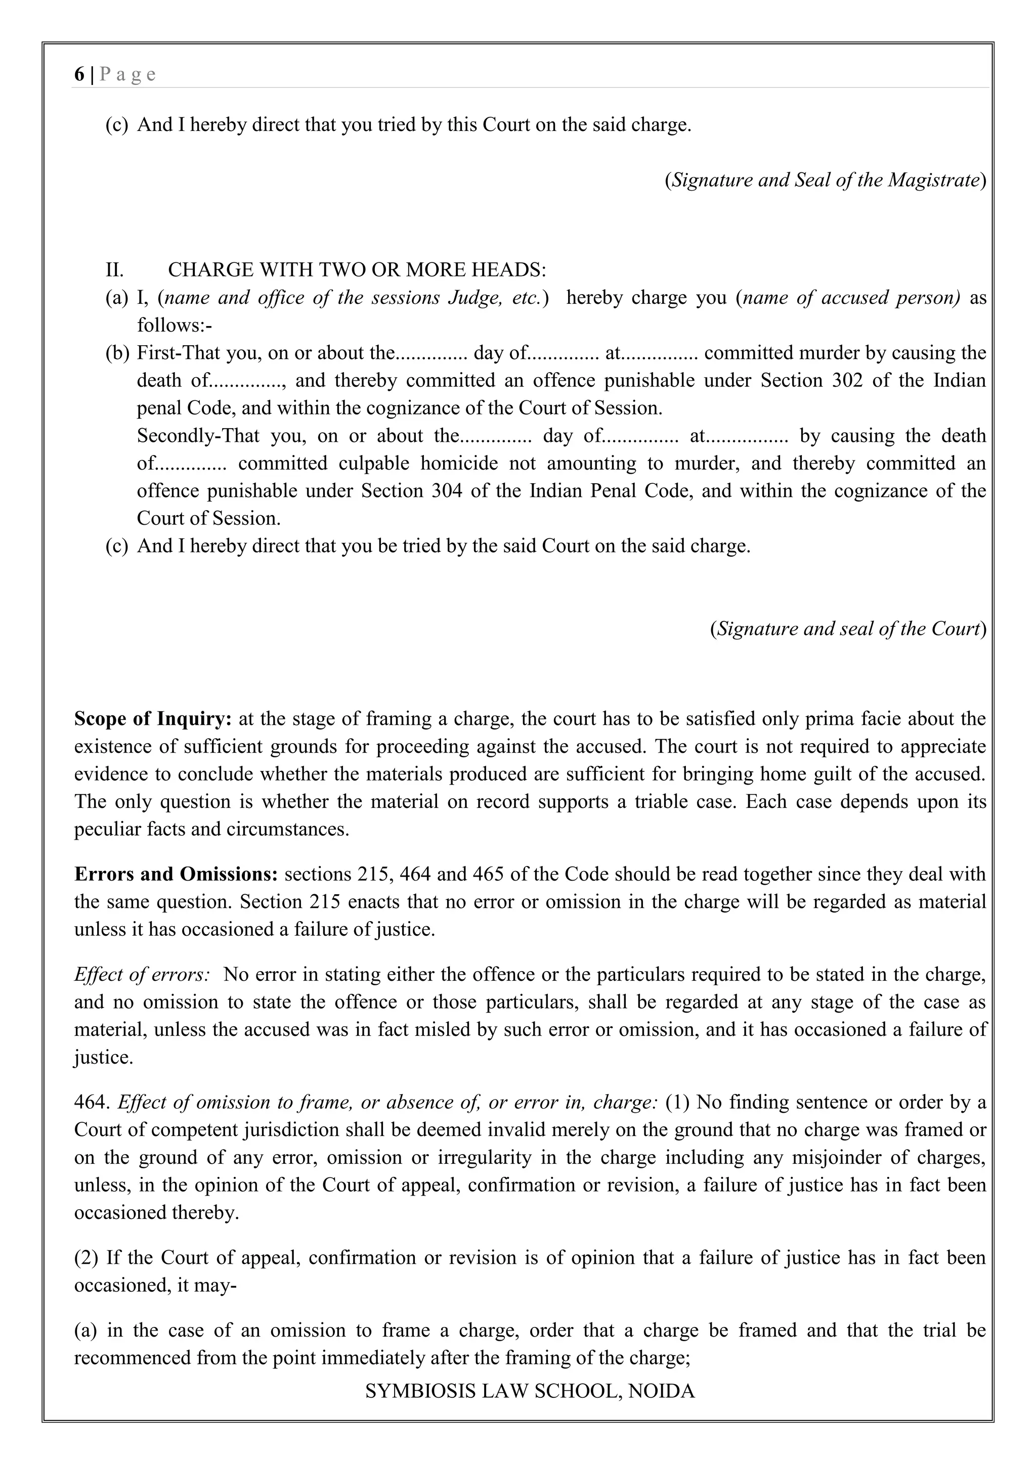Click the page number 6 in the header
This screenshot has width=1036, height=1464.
(78, 75)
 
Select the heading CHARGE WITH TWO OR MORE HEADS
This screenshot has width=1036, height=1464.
(357, 270)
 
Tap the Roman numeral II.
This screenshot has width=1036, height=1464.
(114, 270)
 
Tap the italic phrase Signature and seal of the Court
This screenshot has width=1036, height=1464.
(848, 629)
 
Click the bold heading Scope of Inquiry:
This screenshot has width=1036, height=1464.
(153, 719)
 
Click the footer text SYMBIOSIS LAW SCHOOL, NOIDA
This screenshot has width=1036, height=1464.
(530, 1391)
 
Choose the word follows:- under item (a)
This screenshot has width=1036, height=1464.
(174, 326)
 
